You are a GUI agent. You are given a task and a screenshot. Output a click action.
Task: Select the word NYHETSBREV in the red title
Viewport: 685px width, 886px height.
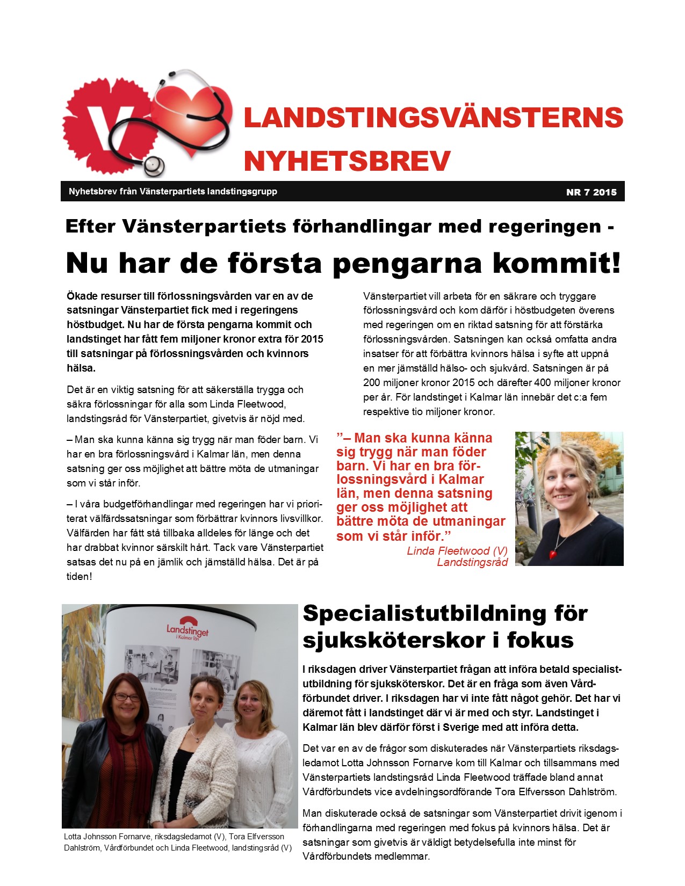347,161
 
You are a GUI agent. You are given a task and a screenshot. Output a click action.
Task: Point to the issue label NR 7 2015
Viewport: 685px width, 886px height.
591,192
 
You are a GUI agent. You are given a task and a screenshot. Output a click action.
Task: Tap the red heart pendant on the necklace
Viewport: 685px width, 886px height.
552,554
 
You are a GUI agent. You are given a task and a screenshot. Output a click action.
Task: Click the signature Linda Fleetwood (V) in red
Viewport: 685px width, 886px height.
457,550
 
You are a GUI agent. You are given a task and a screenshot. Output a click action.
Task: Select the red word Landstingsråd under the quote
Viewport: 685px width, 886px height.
472,562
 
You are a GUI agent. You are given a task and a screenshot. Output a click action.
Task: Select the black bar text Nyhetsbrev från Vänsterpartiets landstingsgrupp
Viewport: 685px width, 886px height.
173,191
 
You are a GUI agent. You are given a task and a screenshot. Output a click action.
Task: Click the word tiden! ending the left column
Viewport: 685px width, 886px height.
80,576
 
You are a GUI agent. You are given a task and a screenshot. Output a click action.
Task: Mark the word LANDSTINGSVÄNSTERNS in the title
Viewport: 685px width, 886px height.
433,118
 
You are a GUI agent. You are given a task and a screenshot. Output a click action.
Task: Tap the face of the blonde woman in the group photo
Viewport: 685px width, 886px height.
251,701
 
